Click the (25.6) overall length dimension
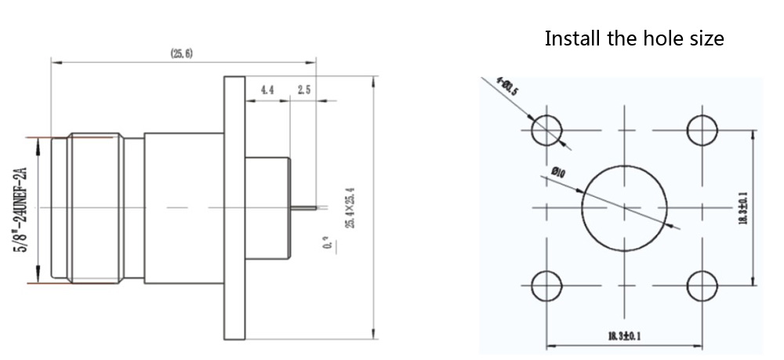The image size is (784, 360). pyautogui.click(x=181, y=53)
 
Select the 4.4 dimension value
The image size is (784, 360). pyautogui.click(x=267, y=90)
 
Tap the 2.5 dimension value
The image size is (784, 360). pyautogui.click(x=304, y=90)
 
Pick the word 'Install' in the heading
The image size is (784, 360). pyautogui.click(x=573, y=38)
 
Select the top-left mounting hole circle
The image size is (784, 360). pyautogui.click(x=546, y=129)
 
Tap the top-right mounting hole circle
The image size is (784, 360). pyautogui.click(x=702, y=129)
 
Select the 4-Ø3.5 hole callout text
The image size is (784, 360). pyautogui.click(x=507, y=86)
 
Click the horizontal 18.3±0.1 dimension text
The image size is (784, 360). pyautogui.click(x=624, y=337)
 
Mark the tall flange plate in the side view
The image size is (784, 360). pyautogui.click(x=234, y=208)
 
